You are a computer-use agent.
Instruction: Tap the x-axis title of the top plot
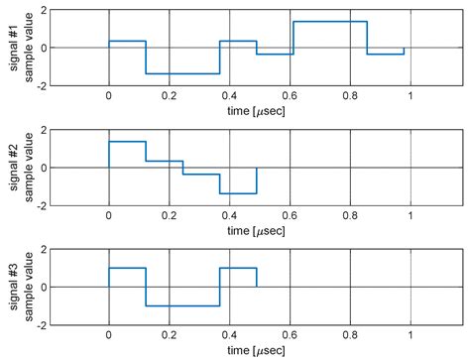[258, 113]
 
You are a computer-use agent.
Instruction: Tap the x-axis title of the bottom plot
[258, 351]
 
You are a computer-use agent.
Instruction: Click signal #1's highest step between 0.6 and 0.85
[330, 22]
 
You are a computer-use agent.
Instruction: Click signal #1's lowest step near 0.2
[182, 73]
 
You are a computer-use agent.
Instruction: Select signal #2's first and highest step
[127, 142]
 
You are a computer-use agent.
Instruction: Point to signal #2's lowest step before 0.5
[238, 192]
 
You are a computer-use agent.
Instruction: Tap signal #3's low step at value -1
[182, 305]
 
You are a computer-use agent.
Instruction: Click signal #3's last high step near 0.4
[238, 268]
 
